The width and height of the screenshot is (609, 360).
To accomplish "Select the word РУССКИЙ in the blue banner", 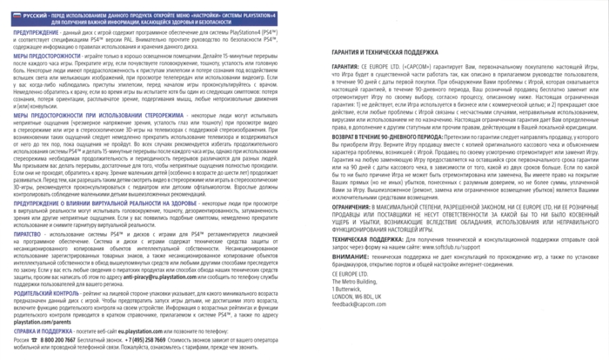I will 32,8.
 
